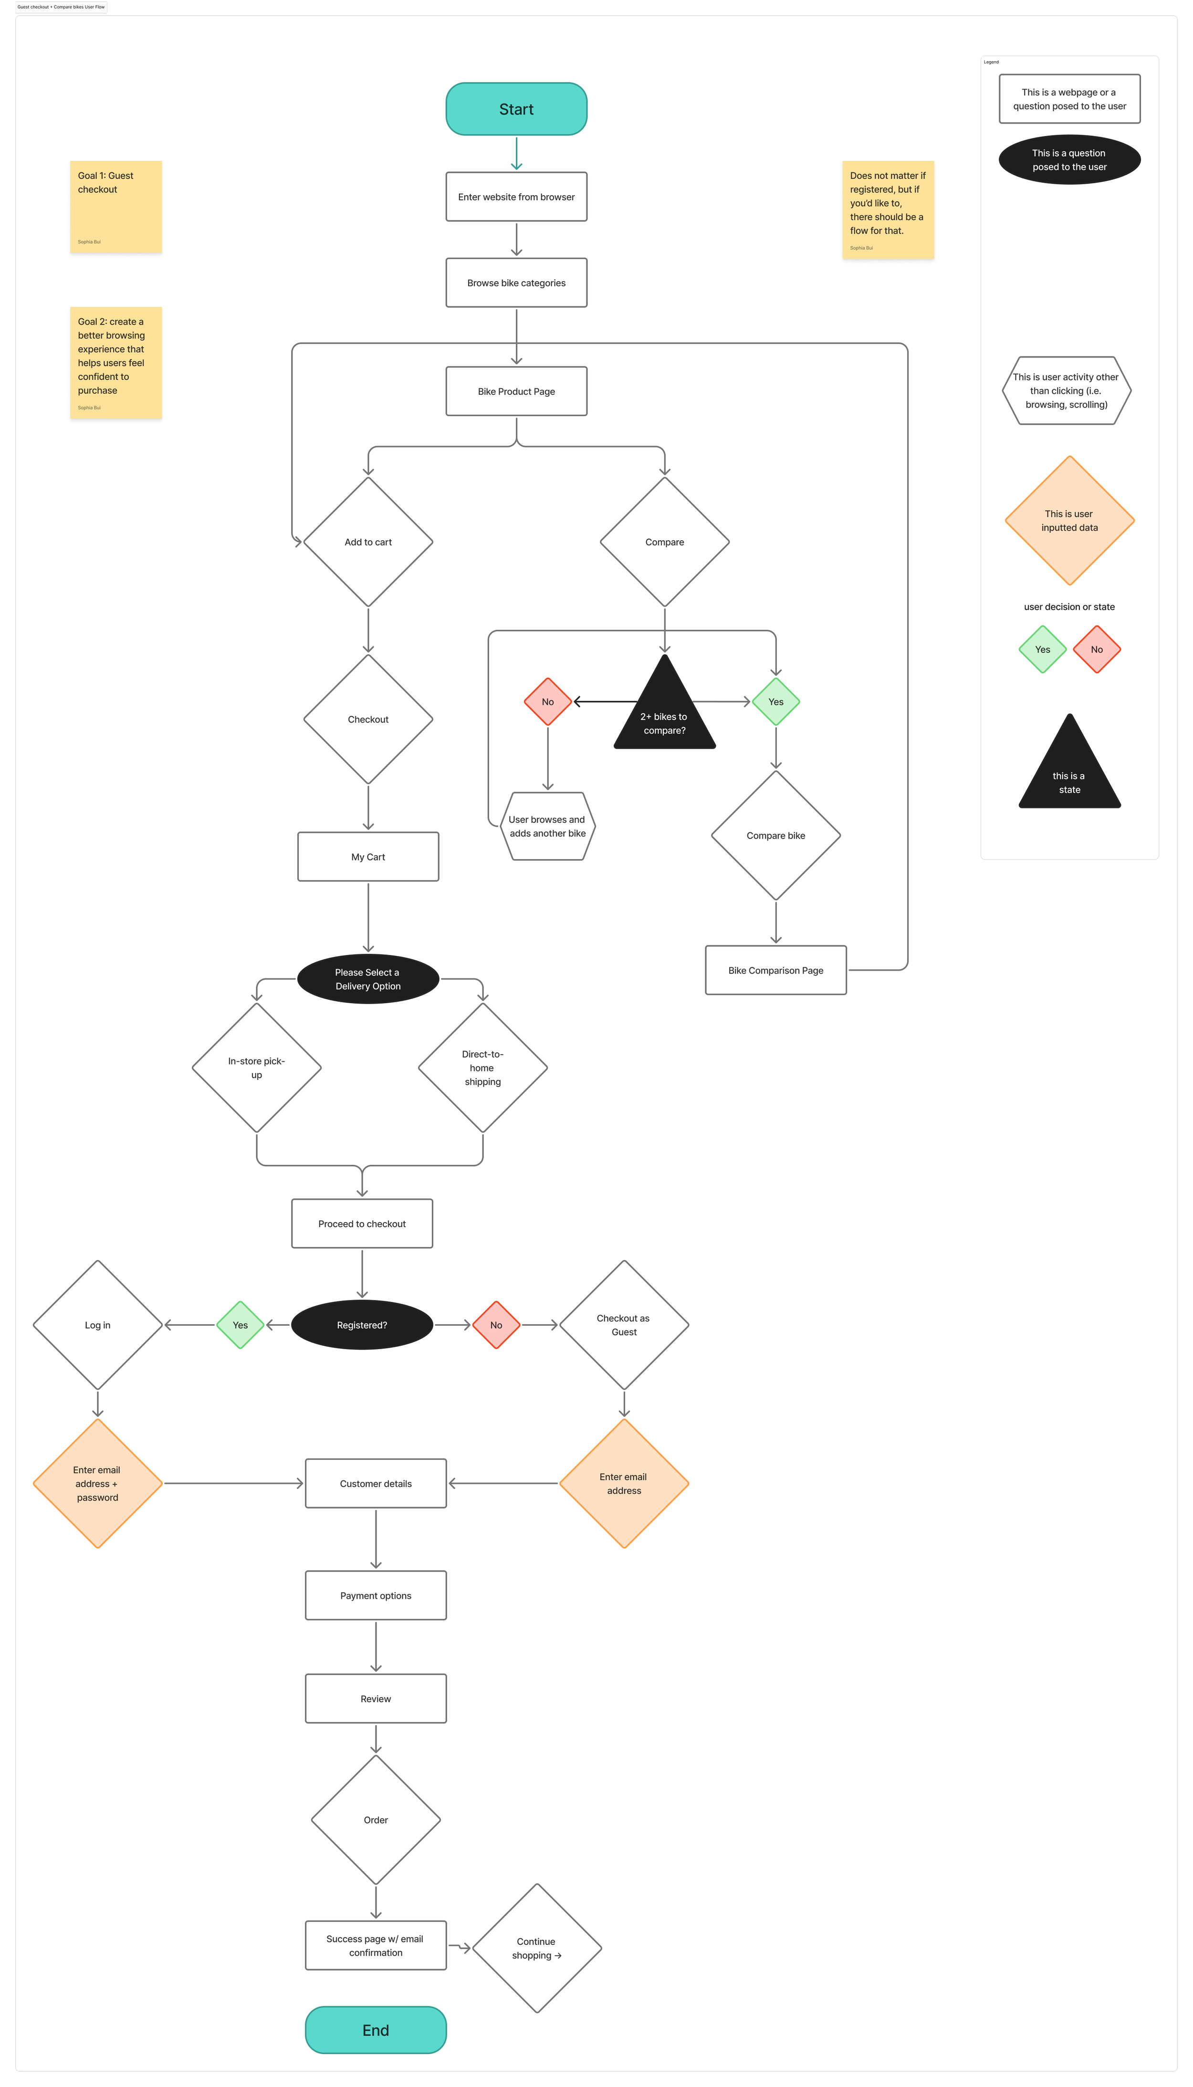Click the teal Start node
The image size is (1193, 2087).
pyautogui.click(x=516, y=109)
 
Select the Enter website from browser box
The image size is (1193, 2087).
pyautogui.click(x=516, y=197)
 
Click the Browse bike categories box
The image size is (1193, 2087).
pyautogui.click(x=516, y=283)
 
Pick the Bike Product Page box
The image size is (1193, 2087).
pyautogui.click(x=516, y=391)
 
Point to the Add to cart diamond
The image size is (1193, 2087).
pyautogui.click(x=368, y=542)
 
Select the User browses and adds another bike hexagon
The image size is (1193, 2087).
pyautogui.click(x=547, y=826)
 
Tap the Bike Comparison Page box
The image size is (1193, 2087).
pyautogui.click(x=775, y=970)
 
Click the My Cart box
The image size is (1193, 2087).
pyautogui.click(x=368, y=856)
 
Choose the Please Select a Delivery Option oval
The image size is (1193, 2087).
pyautogui.click(x=368, y=978)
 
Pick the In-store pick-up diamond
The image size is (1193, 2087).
pyautogui.click(x=256, y=1068)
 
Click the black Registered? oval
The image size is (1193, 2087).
pyautogui.click(x=361, y=1324)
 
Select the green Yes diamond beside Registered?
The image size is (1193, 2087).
pyautogui.click(x=240, y=1324)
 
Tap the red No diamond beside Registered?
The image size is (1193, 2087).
pyautogui.click(x=496, y=1324)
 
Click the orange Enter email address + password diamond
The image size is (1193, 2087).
pyautogui.click(x=97, y=1483)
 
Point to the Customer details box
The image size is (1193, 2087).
pyautogui.click(x=375, y=1483)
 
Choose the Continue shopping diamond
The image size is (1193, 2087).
pyautogui.click(x=537, y=1948)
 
